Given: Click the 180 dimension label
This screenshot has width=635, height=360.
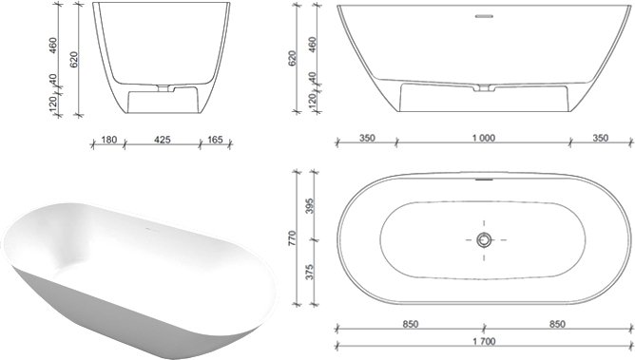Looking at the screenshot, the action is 109,140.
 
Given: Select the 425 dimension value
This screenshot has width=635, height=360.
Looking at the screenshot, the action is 163,140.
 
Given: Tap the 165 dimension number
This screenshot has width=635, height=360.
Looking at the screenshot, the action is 215,140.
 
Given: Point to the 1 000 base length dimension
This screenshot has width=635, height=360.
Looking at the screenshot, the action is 484,139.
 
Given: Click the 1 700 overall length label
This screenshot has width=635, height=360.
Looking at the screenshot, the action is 484,342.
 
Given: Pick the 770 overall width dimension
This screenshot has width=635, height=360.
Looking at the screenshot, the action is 293,238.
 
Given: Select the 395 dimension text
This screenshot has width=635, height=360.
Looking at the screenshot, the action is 309,206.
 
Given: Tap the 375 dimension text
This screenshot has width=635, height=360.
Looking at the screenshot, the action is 309,273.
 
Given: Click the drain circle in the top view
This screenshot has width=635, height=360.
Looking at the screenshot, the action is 484,240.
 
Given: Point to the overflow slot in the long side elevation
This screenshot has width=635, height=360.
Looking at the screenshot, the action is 484,16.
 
